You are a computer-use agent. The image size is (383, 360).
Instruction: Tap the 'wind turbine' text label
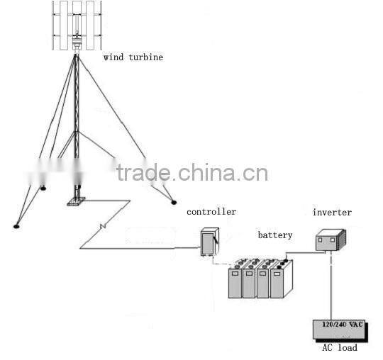[x=133, y=57]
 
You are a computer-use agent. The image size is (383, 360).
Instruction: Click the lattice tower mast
[x=76, y=120]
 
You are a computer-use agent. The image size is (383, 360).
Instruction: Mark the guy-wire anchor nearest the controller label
[x=173, y=202]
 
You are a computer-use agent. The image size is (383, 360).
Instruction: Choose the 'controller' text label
[x=211, y=212]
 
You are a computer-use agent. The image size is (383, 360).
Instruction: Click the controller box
[x=209, y=242]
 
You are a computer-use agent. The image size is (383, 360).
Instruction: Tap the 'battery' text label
[x=274, y=235]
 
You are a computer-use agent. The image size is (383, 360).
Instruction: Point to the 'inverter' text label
[x=332, y=212]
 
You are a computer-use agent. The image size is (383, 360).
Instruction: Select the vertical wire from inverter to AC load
[x=330, y=283]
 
